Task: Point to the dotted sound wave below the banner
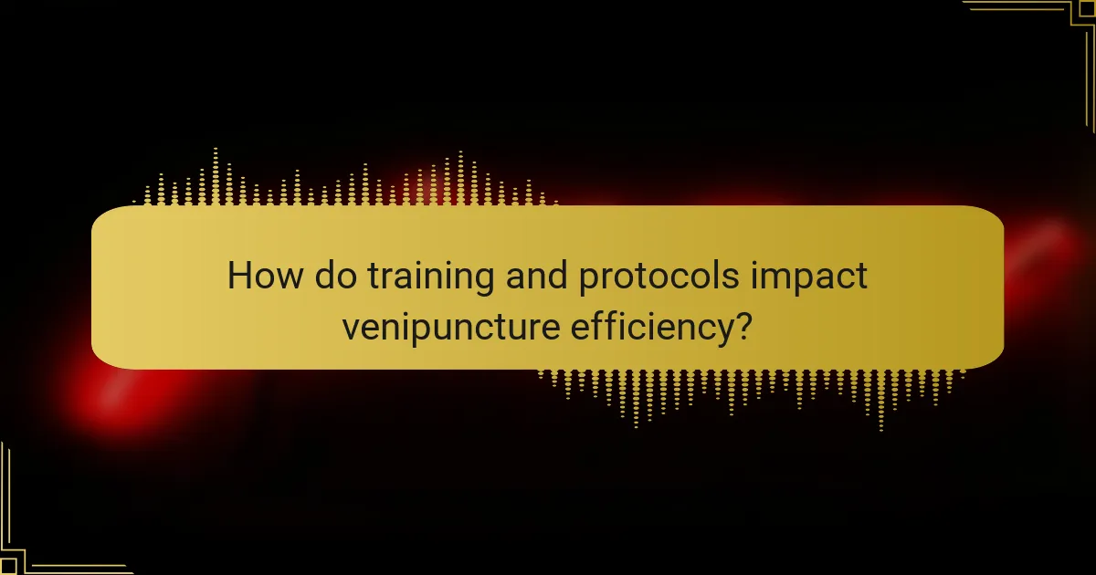coord(749,392)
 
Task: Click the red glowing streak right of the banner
coord(1041,246)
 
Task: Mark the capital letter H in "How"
coord(239,276)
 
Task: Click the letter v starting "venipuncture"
coord(351,329)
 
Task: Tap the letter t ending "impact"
coord(860,277)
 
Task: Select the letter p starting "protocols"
coord(587,280)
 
